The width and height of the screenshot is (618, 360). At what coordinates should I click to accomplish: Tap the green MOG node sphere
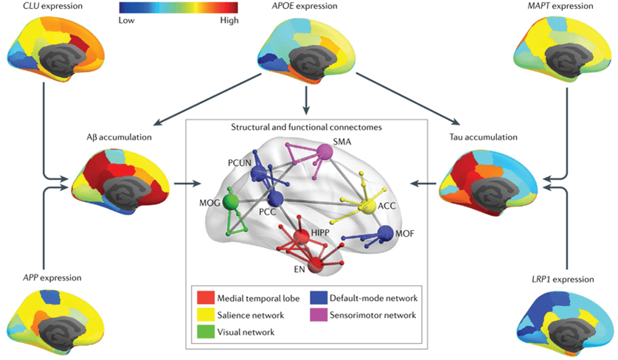click(230, 201)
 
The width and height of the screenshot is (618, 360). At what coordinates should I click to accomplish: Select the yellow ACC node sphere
click(367, 208)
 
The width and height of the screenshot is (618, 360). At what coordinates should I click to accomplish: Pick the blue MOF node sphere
click(385, 234)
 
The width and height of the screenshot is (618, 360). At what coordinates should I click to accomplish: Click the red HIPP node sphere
click(301, 237)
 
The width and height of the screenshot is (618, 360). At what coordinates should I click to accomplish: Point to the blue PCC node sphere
click(275, 200)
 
